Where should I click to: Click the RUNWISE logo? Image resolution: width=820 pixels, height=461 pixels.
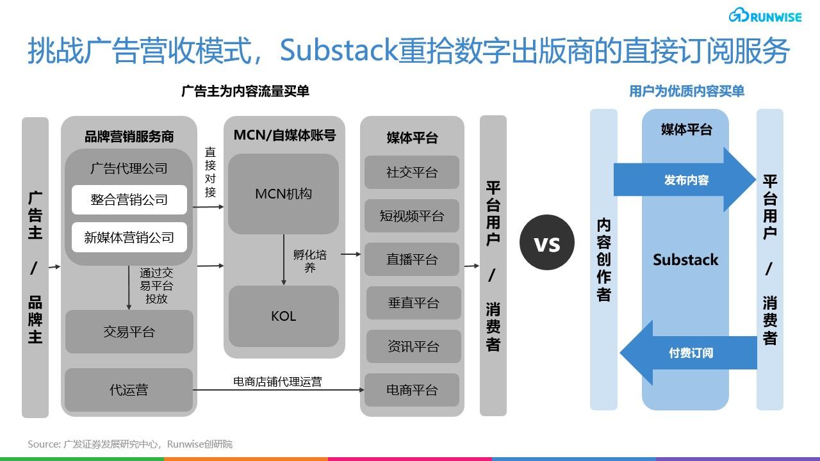point(765,16)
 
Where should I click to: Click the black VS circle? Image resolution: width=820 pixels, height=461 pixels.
point(547,243)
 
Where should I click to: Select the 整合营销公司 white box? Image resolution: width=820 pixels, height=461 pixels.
point(129,200)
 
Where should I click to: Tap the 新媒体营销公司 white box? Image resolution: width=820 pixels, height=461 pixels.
point(129,237)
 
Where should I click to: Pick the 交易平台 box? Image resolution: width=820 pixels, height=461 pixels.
point(129,332)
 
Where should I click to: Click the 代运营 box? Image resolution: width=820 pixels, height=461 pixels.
point(129,389)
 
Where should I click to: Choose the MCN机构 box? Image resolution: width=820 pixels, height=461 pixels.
point(283,193)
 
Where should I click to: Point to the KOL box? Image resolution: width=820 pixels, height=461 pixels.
point(283,316)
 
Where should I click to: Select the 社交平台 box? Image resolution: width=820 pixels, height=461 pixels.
point(412,172)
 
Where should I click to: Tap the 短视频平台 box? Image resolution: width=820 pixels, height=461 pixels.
point(412,216)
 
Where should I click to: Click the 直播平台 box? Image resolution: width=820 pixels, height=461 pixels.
point(412,259)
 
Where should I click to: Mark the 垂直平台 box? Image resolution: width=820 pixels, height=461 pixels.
point(413,303)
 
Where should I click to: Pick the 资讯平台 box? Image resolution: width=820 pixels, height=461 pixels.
point(413,346)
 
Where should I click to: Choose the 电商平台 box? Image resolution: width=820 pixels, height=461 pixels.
point(412,390)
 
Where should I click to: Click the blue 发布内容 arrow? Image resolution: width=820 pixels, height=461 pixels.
point(685,180)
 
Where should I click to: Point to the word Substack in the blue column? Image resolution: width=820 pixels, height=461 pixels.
point(685,260)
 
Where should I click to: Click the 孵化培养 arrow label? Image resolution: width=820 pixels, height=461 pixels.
point(310,261)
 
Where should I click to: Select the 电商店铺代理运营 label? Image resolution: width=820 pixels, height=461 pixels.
point(277,382)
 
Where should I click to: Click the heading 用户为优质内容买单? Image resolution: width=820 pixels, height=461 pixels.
point(686,91)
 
